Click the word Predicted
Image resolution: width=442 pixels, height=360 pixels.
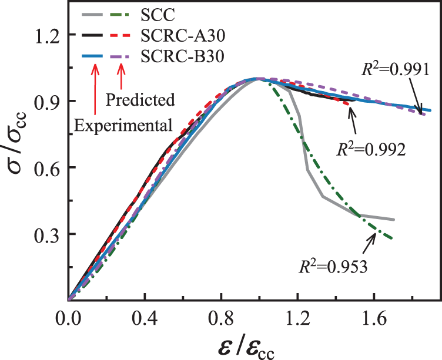(140, 100)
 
